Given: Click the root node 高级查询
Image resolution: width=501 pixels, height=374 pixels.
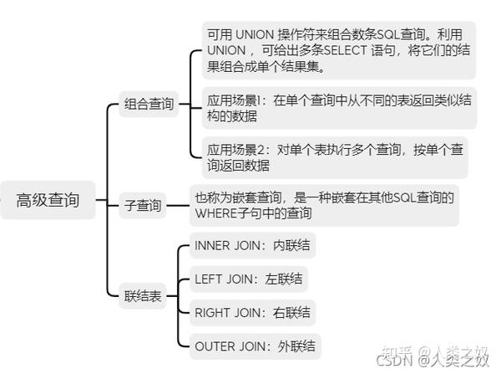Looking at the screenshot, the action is tap(48, 200).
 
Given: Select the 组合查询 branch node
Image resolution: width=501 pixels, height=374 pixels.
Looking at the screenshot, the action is tap(149, 104).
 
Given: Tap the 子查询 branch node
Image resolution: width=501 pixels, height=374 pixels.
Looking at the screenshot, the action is tap(143, 206).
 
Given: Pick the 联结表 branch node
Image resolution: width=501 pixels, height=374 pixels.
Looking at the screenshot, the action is tap(143, 296).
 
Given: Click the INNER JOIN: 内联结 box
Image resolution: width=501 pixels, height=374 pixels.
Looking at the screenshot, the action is tap(252, 246).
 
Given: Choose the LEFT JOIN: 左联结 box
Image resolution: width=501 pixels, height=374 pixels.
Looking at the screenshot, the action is tap(248, 279).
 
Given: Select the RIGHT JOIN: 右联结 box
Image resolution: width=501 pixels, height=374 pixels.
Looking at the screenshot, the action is tap(252, 313).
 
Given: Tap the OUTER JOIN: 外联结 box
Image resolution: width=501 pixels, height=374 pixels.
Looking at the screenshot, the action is tap(255, 346).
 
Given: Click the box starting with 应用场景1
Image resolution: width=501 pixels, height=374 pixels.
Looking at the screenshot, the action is tap(339, 108).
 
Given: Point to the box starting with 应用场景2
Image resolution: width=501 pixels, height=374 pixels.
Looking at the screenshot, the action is tap(335, 157).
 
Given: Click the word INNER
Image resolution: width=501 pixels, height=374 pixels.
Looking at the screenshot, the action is tap(212, 246).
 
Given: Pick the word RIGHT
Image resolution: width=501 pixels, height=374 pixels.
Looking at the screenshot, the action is tap(212, 313).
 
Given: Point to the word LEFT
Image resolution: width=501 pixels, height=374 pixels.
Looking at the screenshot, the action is tap(208, 279).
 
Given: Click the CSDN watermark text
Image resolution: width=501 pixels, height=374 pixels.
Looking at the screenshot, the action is tap(395, 361).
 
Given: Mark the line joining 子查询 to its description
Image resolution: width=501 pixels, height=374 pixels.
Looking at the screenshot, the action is tap(178, 206).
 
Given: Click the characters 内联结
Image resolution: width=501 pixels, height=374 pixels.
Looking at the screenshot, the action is tap(291, 246).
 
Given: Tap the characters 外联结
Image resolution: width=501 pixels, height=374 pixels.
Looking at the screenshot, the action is tap(296, 346).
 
